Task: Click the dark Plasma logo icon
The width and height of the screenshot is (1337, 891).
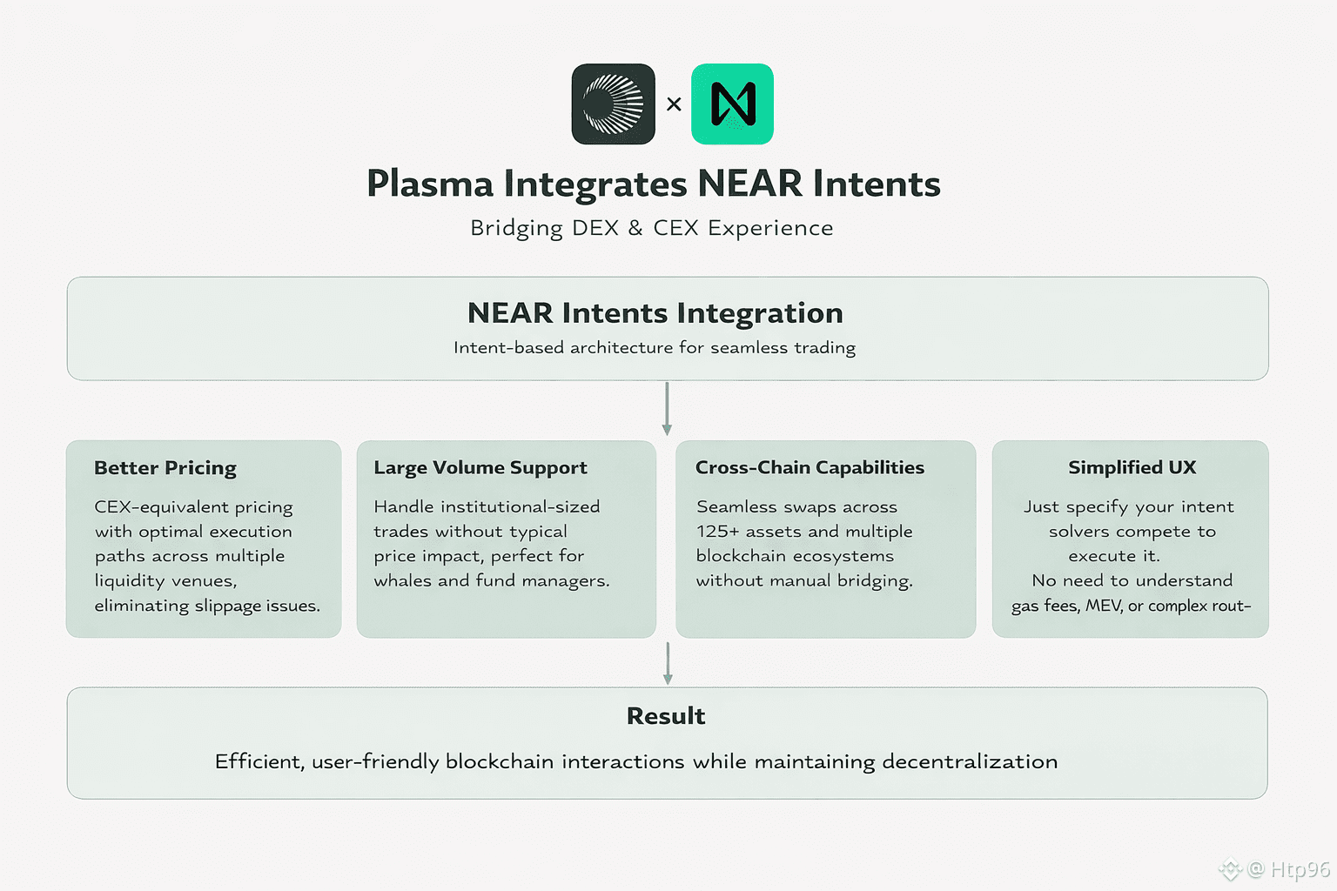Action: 613,104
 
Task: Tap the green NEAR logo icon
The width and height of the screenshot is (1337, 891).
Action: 732,104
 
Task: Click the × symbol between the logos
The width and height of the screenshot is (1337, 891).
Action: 674,104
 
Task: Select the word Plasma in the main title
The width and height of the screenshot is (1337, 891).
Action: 430,184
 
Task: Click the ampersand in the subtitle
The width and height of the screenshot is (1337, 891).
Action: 635,228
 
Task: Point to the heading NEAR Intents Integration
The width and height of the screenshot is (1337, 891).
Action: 655,313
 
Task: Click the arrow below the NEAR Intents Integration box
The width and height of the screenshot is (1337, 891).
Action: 667,409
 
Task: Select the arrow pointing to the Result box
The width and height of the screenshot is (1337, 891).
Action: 668,664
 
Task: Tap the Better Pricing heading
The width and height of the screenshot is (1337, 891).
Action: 165,468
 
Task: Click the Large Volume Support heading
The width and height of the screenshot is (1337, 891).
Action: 480,468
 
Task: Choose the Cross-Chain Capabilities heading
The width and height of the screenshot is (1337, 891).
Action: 810,468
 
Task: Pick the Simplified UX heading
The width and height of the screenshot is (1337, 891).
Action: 1132,468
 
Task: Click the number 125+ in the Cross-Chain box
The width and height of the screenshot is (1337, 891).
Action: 717,532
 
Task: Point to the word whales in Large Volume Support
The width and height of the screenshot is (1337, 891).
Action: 402,580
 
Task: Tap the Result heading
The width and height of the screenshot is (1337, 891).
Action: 666,716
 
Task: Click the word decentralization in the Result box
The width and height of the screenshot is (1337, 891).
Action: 970,762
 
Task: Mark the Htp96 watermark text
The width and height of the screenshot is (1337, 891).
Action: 1300,869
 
